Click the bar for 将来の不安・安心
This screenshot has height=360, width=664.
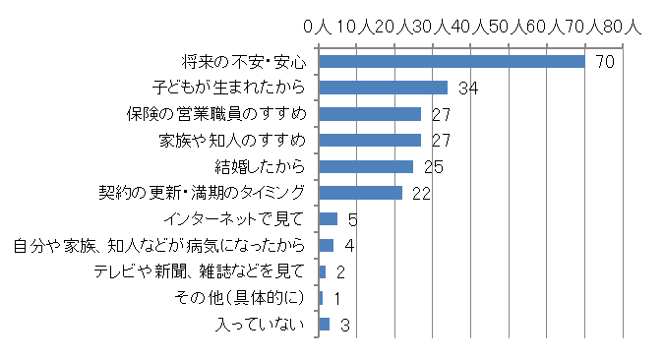point(453,61)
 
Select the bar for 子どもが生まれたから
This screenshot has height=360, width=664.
point(384,88)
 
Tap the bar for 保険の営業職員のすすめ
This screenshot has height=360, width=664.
point(370,114)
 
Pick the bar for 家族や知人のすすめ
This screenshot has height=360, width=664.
point(370,140)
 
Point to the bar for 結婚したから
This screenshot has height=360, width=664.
point(366,166)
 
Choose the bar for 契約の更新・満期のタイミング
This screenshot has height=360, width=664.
point(361,193)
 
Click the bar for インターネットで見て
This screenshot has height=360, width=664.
point(329,218)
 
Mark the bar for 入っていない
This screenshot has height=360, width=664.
point(325,324)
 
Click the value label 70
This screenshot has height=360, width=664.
point(605,62)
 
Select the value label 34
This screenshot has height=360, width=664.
point(468,89)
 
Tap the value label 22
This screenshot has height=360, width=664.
point(422,194)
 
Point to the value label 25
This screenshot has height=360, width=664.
point(434,167)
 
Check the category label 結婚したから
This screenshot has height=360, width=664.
point(260,166)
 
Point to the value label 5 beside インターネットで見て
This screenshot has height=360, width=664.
point(352,219)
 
